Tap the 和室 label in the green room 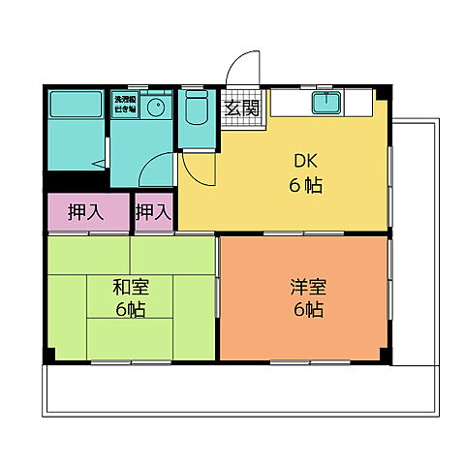tap(130, 287)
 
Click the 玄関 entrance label tap(242, 108)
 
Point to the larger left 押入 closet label tap(87, 212)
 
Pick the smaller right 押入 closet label tap(153, 212)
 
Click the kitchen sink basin tap(324, 104)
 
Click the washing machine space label tap(124, 104)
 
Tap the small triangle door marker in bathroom tap(101, 163)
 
